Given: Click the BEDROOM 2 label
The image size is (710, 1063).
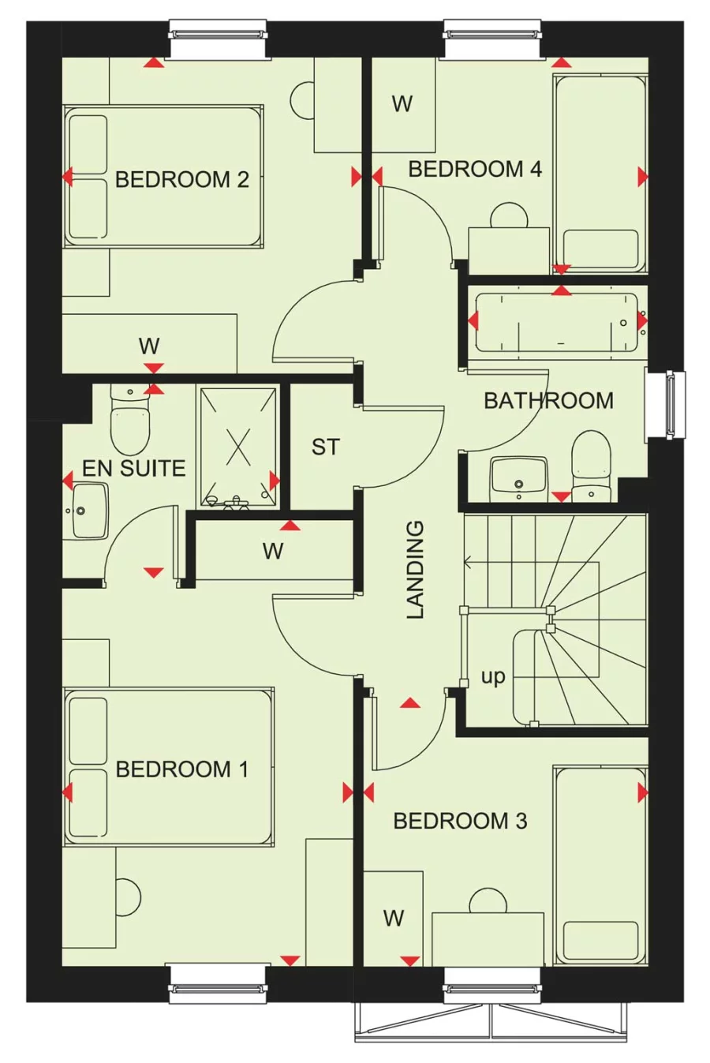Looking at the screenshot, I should click(x=181, y=180).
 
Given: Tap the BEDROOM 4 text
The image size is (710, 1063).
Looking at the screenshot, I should click(x=475, y=169).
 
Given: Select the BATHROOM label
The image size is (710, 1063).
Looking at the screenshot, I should click(x=548, y=401).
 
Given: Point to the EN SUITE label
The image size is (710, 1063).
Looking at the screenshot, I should click(x=133, y=468).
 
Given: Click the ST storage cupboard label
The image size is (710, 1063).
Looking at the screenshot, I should click(x=325, y=447).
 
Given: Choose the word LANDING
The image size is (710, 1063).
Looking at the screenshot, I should click(x=416, y=568).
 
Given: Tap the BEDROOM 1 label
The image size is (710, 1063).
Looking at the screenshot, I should click(x=181, y=769).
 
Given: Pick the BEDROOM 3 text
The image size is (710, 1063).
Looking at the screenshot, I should click(x=460, y=822).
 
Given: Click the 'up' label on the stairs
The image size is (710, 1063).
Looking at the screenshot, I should click(x=493, y=677).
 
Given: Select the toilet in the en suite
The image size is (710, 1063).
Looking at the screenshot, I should click(x=129, y=422).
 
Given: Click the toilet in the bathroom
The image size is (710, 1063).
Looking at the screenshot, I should click(x=591, y=466).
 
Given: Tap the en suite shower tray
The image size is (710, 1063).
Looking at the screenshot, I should click(x=237, y=447).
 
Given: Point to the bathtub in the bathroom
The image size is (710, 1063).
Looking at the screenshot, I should click(x=557, y=323).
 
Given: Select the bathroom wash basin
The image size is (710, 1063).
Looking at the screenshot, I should click(x=518, y=478).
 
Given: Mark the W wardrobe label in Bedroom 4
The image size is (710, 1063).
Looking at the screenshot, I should click(x=402, y=103).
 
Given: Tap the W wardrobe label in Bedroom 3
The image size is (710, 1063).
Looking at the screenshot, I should click(x=394, y=918).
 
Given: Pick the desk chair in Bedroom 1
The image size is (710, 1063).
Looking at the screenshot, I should click(x=129, y=897).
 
